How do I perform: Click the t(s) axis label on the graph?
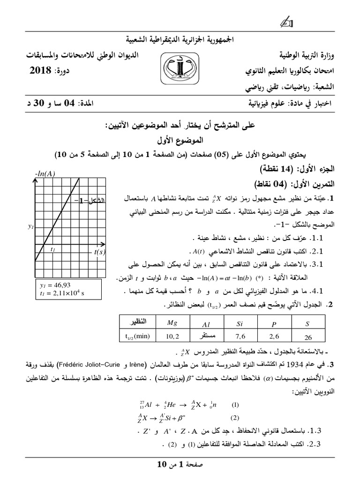click(x=100, y=252)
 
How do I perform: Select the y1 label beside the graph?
click(x=31, y=226)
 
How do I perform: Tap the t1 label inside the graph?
click(x=53, y=249)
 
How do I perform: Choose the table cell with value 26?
click(x=307, y=337)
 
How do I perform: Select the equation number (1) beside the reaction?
click(x=235, y=404)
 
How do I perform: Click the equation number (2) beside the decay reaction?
click(x=235, y=418)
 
